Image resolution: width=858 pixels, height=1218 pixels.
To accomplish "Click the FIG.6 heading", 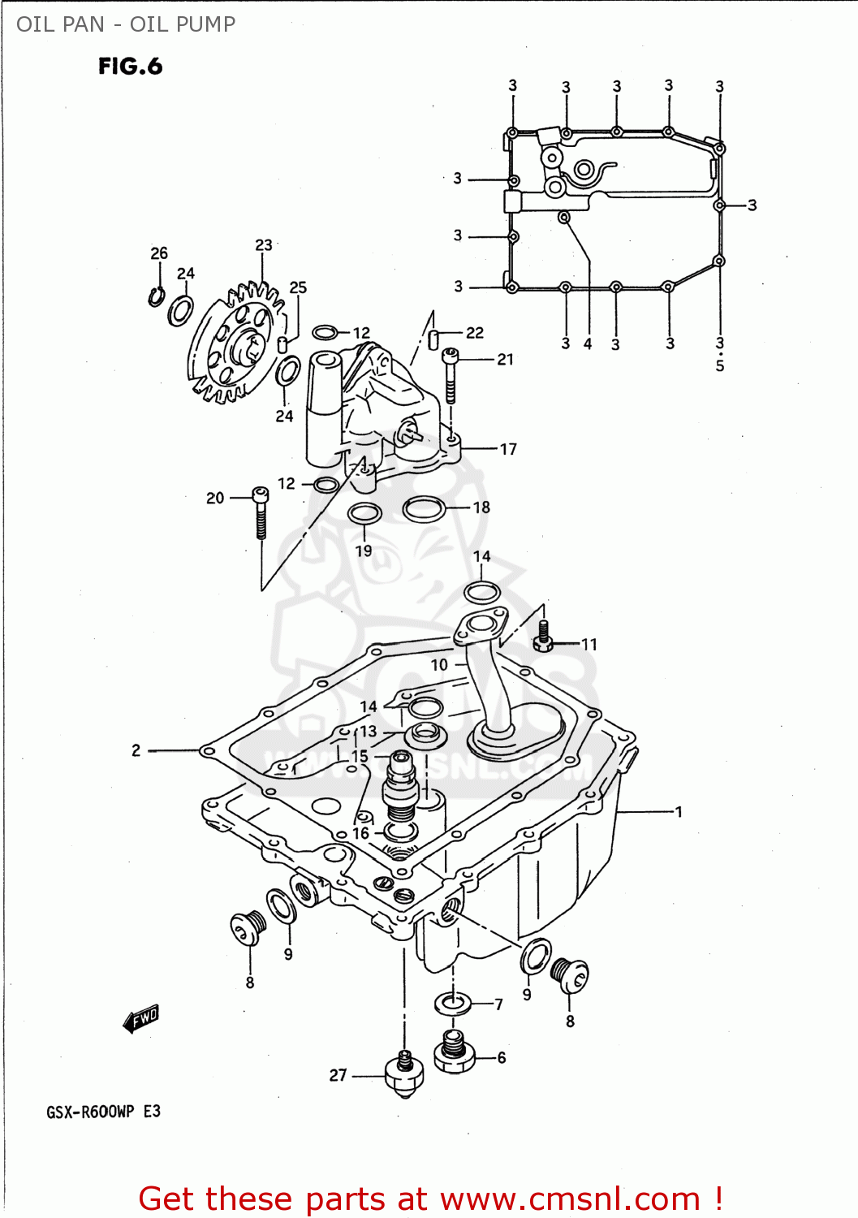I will [x=130, y=66].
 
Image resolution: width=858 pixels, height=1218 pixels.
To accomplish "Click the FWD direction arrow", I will [x=141, y=1017].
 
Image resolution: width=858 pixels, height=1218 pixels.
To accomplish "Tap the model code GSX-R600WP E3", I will [x=103, y=1112].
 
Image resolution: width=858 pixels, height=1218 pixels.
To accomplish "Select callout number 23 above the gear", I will [x=264, y=245].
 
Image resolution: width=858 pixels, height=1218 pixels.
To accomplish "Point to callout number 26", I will [x=159, y=253].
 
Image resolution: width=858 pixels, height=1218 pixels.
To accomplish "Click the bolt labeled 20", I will [x=261, y=513].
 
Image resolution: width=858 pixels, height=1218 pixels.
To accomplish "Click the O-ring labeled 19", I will [x=364, y=514].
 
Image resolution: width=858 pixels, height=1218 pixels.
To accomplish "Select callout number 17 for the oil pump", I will [x=508, y=449].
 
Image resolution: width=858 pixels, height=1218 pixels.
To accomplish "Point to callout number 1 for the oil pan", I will [x=679, y=811].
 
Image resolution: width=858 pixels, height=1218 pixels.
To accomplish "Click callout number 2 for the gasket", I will [x=136, y=750].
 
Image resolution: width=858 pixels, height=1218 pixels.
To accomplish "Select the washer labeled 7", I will [x=454, y=1004].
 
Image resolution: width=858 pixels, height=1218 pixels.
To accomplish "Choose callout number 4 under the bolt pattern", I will [x=588, y=344].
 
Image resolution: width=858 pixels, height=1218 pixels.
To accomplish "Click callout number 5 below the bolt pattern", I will [x=720, y=366].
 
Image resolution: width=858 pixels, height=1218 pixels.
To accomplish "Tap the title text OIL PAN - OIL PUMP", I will [x=126, y=24].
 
